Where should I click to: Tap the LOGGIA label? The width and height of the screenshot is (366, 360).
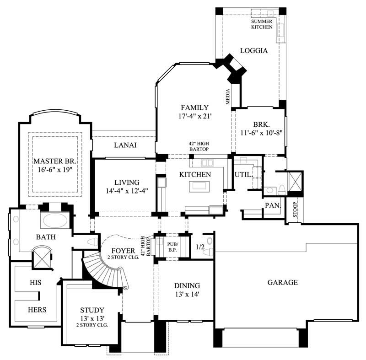253,51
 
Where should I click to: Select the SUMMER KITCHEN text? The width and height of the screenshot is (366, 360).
262,24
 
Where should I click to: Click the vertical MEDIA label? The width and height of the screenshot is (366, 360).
227,97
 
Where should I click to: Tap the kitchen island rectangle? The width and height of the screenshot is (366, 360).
199,185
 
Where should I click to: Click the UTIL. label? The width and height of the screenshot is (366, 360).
242,174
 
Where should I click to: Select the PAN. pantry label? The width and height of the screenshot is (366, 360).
272,206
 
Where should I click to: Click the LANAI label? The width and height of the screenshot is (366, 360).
125,145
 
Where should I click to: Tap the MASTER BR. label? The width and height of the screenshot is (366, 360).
54,161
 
